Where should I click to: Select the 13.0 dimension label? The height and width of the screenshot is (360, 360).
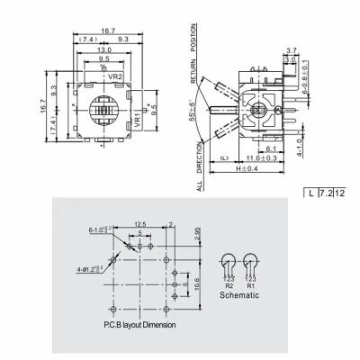click(105, 50)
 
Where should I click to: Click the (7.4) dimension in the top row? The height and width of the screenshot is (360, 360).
click(87, 40)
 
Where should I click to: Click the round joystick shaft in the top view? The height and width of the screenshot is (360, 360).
click(104, 114)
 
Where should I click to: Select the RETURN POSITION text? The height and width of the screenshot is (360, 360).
click(193, 54)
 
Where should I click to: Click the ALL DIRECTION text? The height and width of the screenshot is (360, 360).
click(199, 170)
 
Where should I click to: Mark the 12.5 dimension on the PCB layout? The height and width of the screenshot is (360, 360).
click(140, 223)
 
